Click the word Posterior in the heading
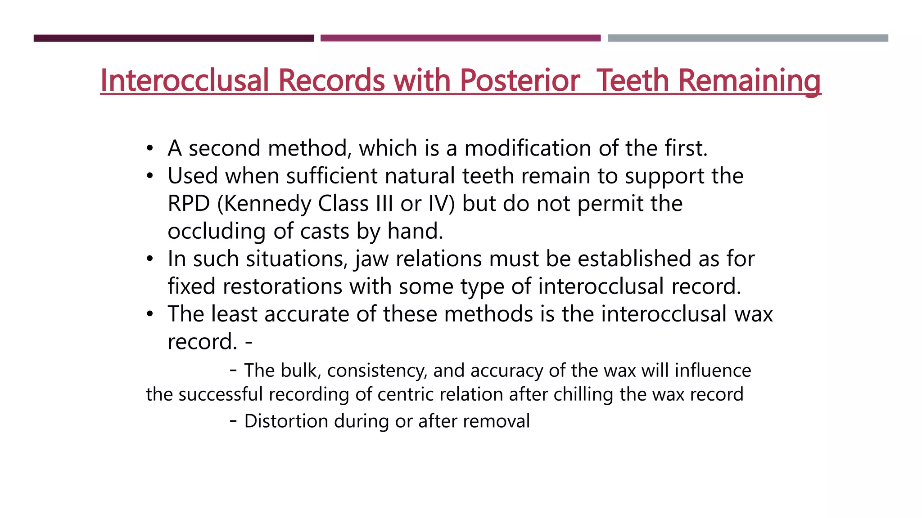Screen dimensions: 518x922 (520, 80)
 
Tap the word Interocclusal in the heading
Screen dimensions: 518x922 (185, 80)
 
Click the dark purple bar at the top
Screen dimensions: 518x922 (173, 38)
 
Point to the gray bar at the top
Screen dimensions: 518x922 (748, 38)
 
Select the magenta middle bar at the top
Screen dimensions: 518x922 (460, 38)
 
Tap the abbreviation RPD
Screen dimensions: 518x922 (189, 204)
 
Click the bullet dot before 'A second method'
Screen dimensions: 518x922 (150, 148)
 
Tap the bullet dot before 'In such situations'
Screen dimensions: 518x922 (150, 259)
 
